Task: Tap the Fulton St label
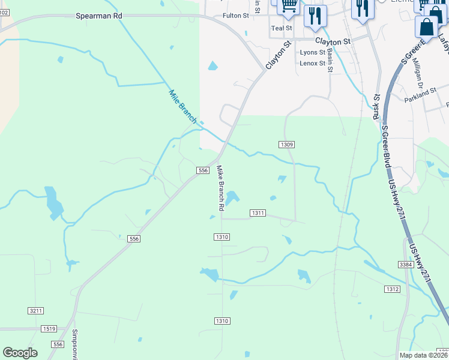pyautogui.click(x=235, y=16)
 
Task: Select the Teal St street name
pyautogui.click(x=281, y=28)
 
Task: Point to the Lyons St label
pyautogui.click(x=312, y=53)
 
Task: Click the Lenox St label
pyautogui.click(x=312, y=63)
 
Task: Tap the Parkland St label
pyautogui.click(x=420, y=94)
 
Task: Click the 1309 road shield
pyautogui.click(x=286, y=145)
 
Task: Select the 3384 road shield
pyautogui.click(x=406, y=264)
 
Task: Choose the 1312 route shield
pyautogui.click(x=392, y=289)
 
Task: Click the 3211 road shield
pyautogui.click(x=35, y=310)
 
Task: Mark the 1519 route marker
pyautogui.click(x=49, y=329)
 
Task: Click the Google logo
pyautogui.click(x=20, y=353)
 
